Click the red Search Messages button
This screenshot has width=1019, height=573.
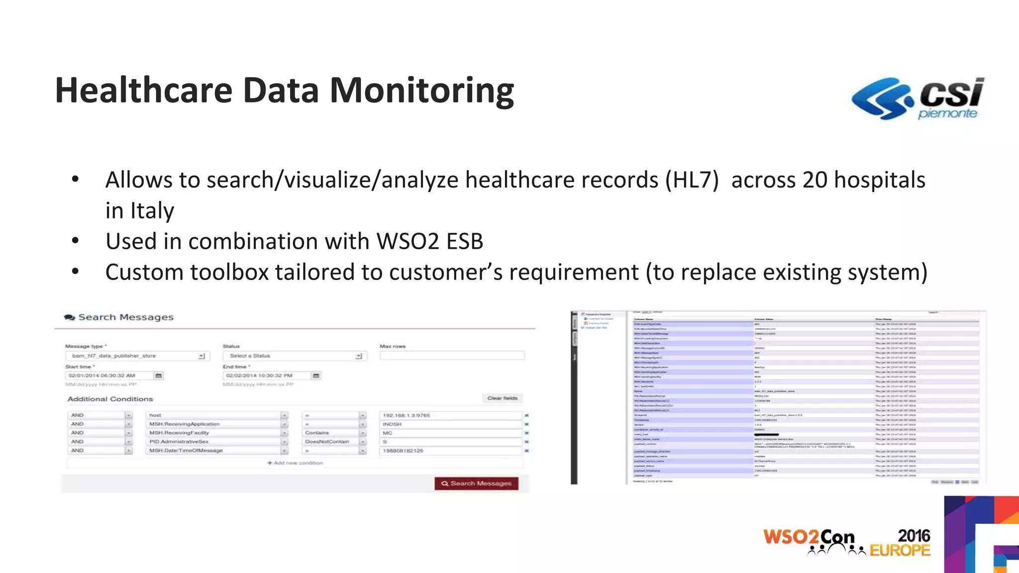coord(476,483)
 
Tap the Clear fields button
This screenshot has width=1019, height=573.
coord(502,398)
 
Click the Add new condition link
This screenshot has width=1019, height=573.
coord(296,463)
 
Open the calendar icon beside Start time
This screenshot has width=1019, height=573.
coord(159,376)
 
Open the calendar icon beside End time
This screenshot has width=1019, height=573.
coord(316,376)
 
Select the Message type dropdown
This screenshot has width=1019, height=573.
coord(137,356)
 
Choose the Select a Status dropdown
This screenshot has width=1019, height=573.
coord(295,356)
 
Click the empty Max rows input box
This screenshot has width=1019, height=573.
coord(452,356)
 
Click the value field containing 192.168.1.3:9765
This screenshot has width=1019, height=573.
coord(450,415)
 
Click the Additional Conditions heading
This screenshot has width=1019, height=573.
coord(110,399)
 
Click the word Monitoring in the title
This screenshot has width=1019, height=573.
coord(421,91)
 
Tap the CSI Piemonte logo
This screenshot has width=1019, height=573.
coord(917,98)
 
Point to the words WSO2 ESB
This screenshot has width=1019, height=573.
coord(430,242)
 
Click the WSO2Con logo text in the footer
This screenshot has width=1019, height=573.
coord(809,538)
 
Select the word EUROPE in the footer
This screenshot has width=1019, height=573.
coord(900,550)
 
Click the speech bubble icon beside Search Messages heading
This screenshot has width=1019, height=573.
coord(70,317)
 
